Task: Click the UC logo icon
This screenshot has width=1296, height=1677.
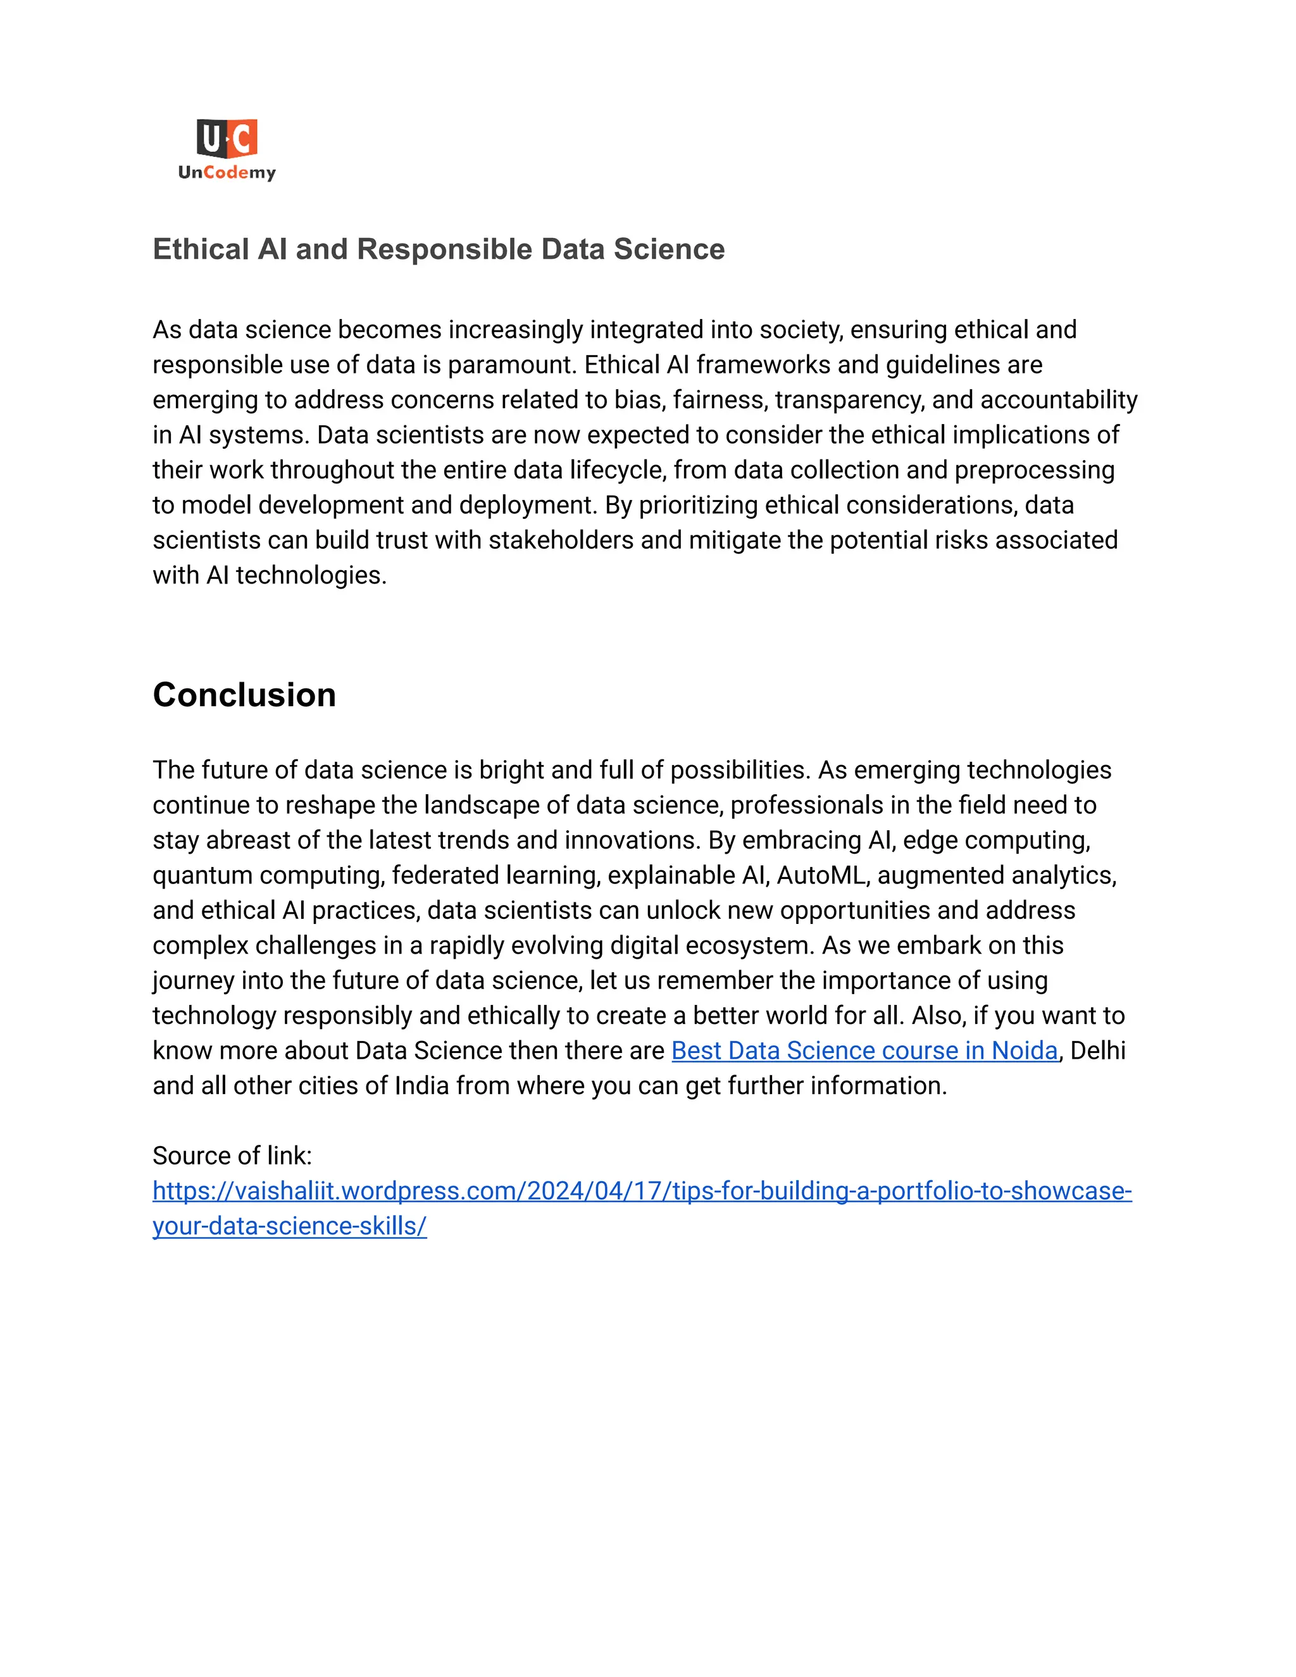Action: click(227, 139)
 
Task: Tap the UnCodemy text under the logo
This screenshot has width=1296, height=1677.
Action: click(227, 173)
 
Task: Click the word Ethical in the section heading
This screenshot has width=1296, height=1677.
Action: click(201, 249)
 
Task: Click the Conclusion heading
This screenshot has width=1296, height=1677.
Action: click(244, 695)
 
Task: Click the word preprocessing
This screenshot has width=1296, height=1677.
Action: click(1034, 470)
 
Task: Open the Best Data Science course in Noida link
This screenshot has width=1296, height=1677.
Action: click(864, 1050)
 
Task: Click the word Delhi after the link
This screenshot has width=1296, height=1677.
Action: click(1098, 1050)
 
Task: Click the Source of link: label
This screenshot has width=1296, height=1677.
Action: click(232, 1156)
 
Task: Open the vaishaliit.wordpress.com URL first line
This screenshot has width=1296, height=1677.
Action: click(642, 1191)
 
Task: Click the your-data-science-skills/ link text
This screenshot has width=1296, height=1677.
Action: click(289, 1226)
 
